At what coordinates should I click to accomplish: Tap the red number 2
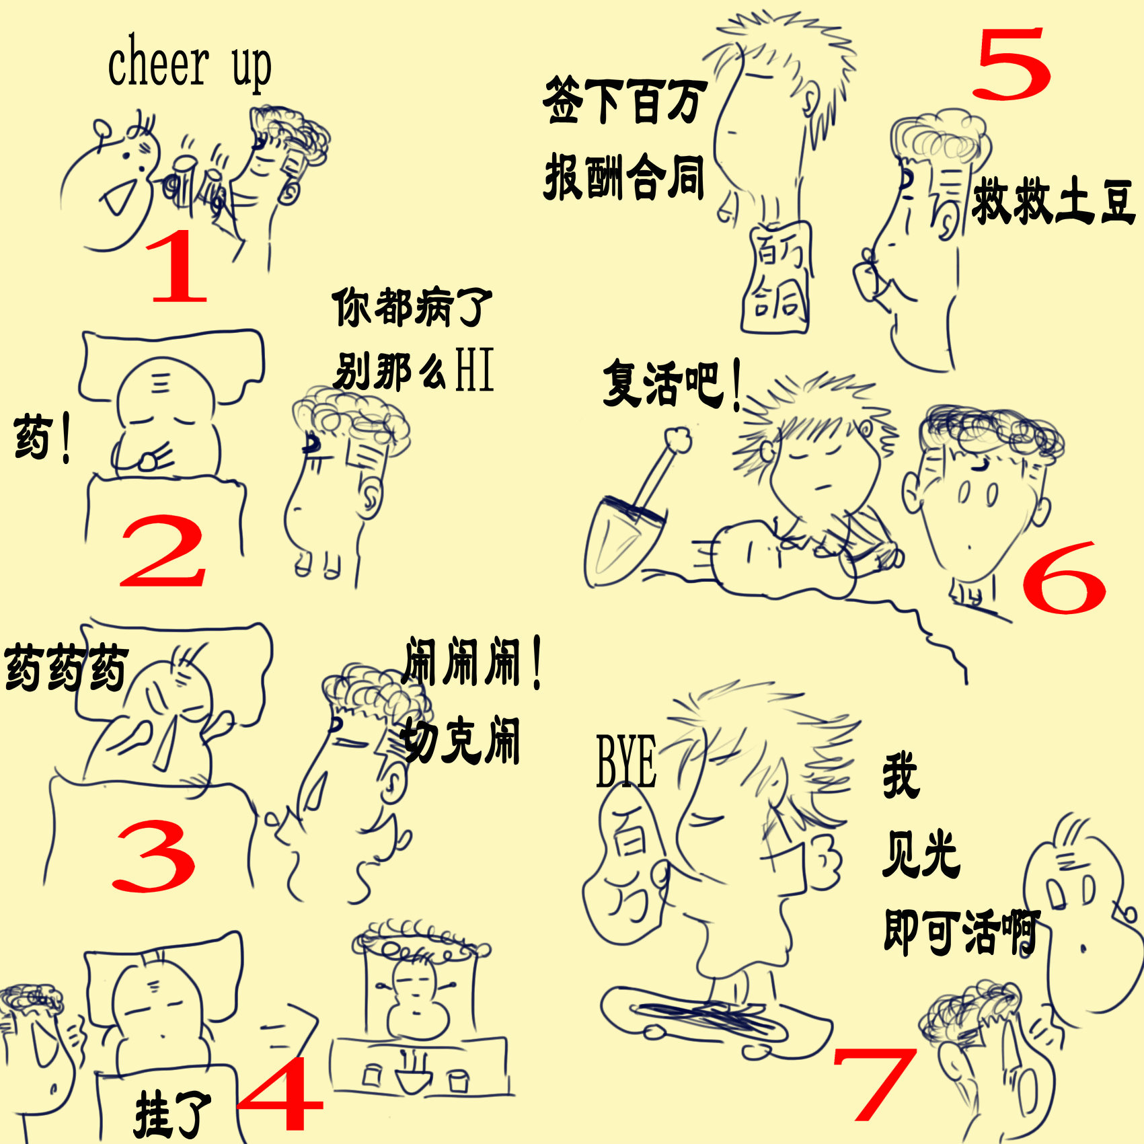point(163,551)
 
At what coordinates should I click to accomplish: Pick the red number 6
point(1064,578)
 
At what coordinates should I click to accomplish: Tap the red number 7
point(874,1083)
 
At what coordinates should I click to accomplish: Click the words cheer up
point(189,64)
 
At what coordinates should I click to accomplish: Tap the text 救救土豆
point(1053,200)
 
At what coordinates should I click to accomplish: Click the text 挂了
point(171,1113)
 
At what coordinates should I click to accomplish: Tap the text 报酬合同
point(624,177)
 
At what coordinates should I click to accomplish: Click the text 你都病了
point(412,307)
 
